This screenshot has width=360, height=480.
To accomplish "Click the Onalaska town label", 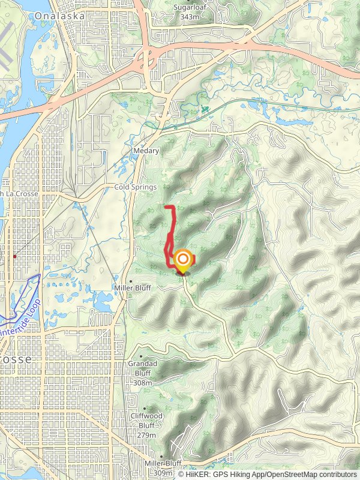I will tap(59, 17).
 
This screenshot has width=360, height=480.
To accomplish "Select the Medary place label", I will tap(146, 151).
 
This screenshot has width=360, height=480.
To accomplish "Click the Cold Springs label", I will tap(135, 187).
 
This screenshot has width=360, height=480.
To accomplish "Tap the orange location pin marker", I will tap(182, 261).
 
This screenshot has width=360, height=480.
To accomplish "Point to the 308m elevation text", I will tap(143, 382).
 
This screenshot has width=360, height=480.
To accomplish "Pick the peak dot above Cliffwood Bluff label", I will tap(145, 409).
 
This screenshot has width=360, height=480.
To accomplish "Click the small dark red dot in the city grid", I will tap(14, 256).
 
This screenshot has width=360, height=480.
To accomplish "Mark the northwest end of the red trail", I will tap(165, 207).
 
